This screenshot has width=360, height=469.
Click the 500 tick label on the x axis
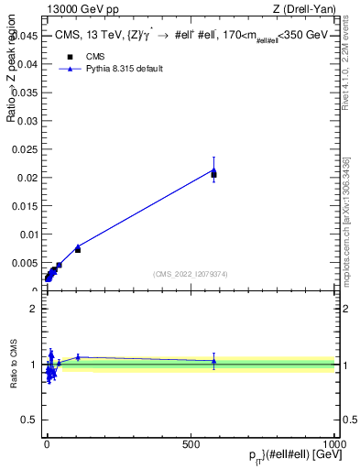coord(191,442)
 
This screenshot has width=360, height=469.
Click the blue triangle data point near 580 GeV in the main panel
coord(213,169)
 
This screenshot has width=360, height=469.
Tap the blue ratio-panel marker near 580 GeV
coord(213,361)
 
